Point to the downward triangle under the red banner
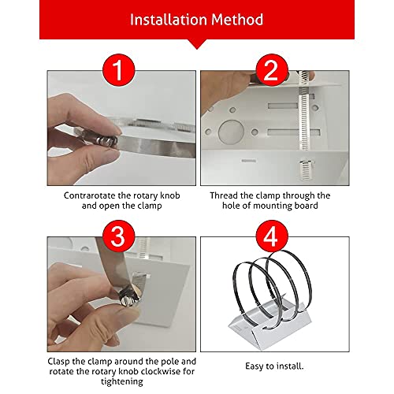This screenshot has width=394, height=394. tap(196, 43)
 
